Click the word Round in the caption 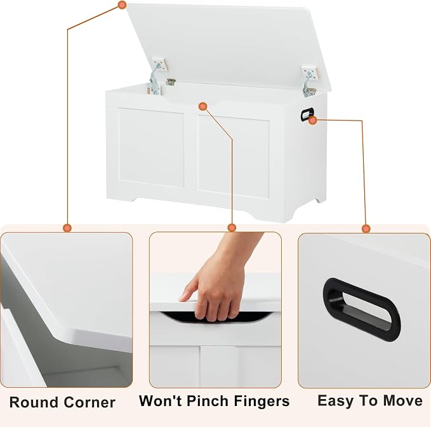click(34, 402)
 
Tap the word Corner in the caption click(90, 402)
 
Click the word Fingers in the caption click(262, 402)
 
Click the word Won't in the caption click(161, 400)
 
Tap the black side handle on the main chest click(307, 114)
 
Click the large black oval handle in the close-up click(361, 309)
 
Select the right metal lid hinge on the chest click(310, 81)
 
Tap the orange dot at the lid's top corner click(123, 5)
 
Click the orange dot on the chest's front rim click(203, 107)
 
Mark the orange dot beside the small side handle click(312, 120)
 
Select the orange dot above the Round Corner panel click(67, 228)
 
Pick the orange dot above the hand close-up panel click(232, 228)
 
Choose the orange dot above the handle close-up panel click(366, 228)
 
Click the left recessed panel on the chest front click(151, 148)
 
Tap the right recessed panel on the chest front click(233, 157)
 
